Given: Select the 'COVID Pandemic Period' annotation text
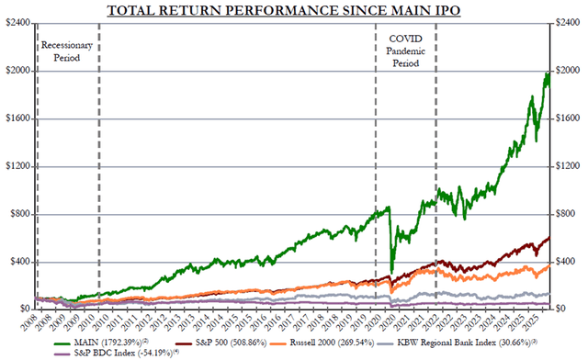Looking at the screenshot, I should click(405, 51).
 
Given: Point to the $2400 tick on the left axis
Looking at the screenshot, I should click(17, 23).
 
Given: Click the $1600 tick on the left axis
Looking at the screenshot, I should click(17, 118).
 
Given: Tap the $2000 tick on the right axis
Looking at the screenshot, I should click(569, 71).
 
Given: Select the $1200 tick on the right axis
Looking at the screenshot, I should click(569, 166).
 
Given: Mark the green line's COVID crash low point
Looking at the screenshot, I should click(391, 272).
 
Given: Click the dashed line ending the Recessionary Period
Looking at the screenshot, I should click(98, 165).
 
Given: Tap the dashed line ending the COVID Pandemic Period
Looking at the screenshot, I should click(435, 165).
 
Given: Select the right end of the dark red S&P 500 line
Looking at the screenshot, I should click(549, 238).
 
